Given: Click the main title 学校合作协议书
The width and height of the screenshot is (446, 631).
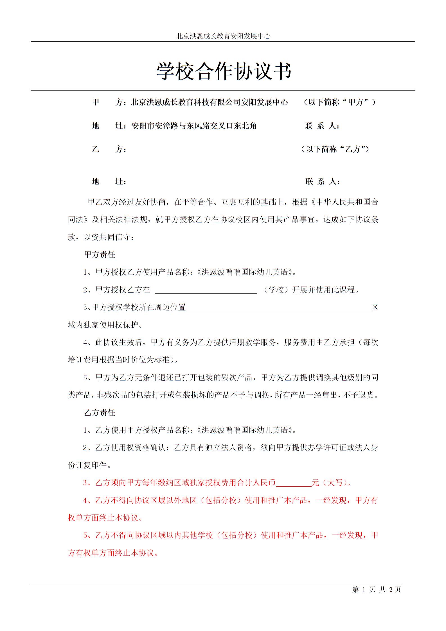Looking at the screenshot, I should [x=224, y=71].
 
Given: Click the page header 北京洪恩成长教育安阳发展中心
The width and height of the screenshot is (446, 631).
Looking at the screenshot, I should [x=223, y=36].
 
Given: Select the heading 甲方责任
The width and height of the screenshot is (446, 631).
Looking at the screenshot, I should [x=100, y=255].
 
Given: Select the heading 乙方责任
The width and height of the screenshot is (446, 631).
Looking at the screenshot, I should [x=100, y=413].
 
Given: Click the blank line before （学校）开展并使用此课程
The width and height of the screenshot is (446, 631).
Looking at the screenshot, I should [x=206, y=291].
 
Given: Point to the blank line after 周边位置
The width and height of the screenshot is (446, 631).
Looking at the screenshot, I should [x=278, y=308].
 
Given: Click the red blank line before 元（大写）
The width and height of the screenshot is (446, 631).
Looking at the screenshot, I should [x=294, y=483].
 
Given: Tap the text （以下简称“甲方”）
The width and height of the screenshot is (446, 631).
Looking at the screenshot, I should [x=340, y=102].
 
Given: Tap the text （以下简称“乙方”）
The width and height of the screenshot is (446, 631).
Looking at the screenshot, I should [x=335, y=149].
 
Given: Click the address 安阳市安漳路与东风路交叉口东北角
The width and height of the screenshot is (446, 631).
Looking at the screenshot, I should [x=194, y=126].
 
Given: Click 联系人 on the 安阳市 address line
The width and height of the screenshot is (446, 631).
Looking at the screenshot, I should [x=322, y=126].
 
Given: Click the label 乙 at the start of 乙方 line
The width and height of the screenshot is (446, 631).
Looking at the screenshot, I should [x=96, y=149].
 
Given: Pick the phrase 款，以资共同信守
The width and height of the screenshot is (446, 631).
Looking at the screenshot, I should [x=101, y=237].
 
